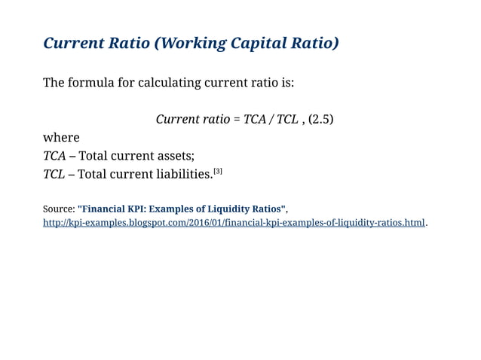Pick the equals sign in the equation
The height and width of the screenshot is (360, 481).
click(238, 120)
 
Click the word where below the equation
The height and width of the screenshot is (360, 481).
click(61, 138)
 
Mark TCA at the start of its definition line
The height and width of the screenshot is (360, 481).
click(54, 156)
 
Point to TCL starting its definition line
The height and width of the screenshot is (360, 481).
click(54, 175)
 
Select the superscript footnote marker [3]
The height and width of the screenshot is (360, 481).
click(218, 172)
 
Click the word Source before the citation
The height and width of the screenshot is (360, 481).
click(57, 209)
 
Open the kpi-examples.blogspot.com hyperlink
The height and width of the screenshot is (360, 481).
click(234, 223)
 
